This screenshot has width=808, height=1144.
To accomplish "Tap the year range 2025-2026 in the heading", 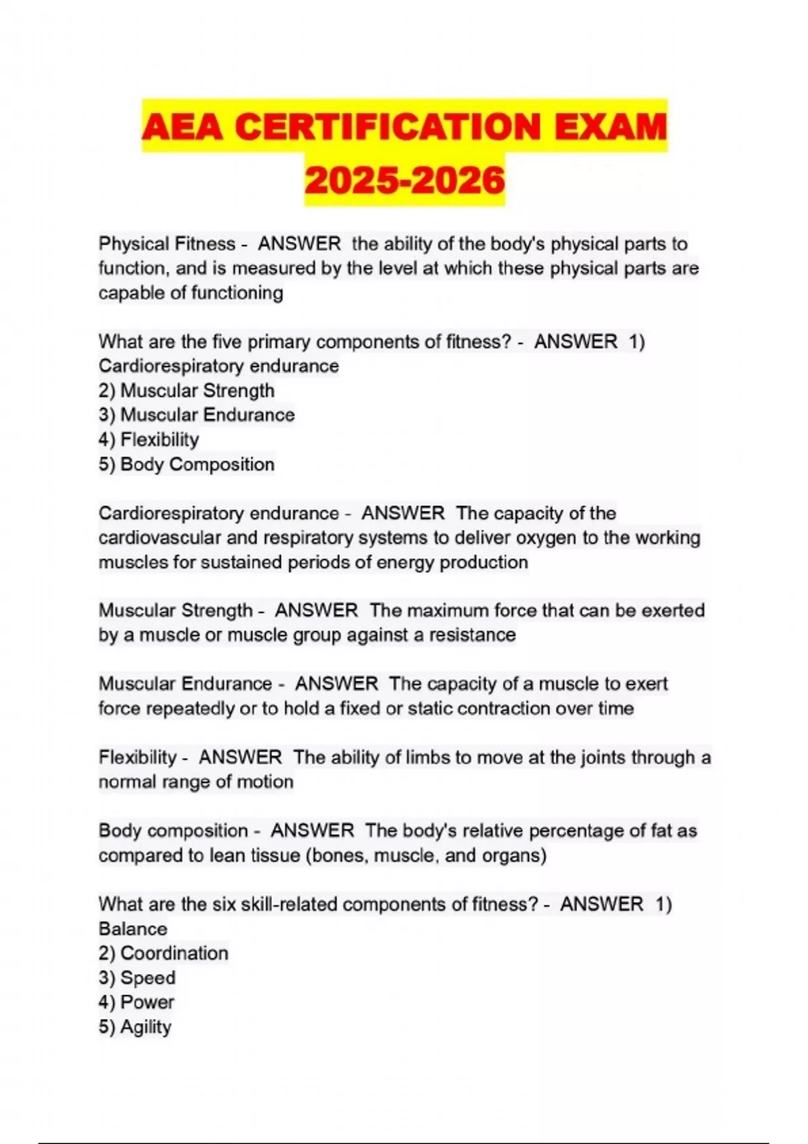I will (404, 180).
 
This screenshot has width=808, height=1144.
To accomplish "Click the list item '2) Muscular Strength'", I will (187, 390).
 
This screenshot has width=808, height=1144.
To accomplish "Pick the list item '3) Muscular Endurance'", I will (197, 415).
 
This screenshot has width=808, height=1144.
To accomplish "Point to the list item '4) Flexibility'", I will (149, 439).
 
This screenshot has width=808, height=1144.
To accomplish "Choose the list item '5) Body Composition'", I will (187, 464).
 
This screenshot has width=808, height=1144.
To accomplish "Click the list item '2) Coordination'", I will (164, 953).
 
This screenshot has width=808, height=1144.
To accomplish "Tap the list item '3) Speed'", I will (137, 978).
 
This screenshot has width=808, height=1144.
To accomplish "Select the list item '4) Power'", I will (137, 1002).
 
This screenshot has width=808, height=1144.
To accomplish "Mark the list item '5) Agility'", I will (135, 1027).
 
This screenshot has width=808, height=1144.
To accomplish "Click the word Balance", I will (133, 929).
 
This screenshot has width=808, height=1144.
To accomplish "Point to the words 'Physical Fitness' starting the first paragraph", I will (167, 244).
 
